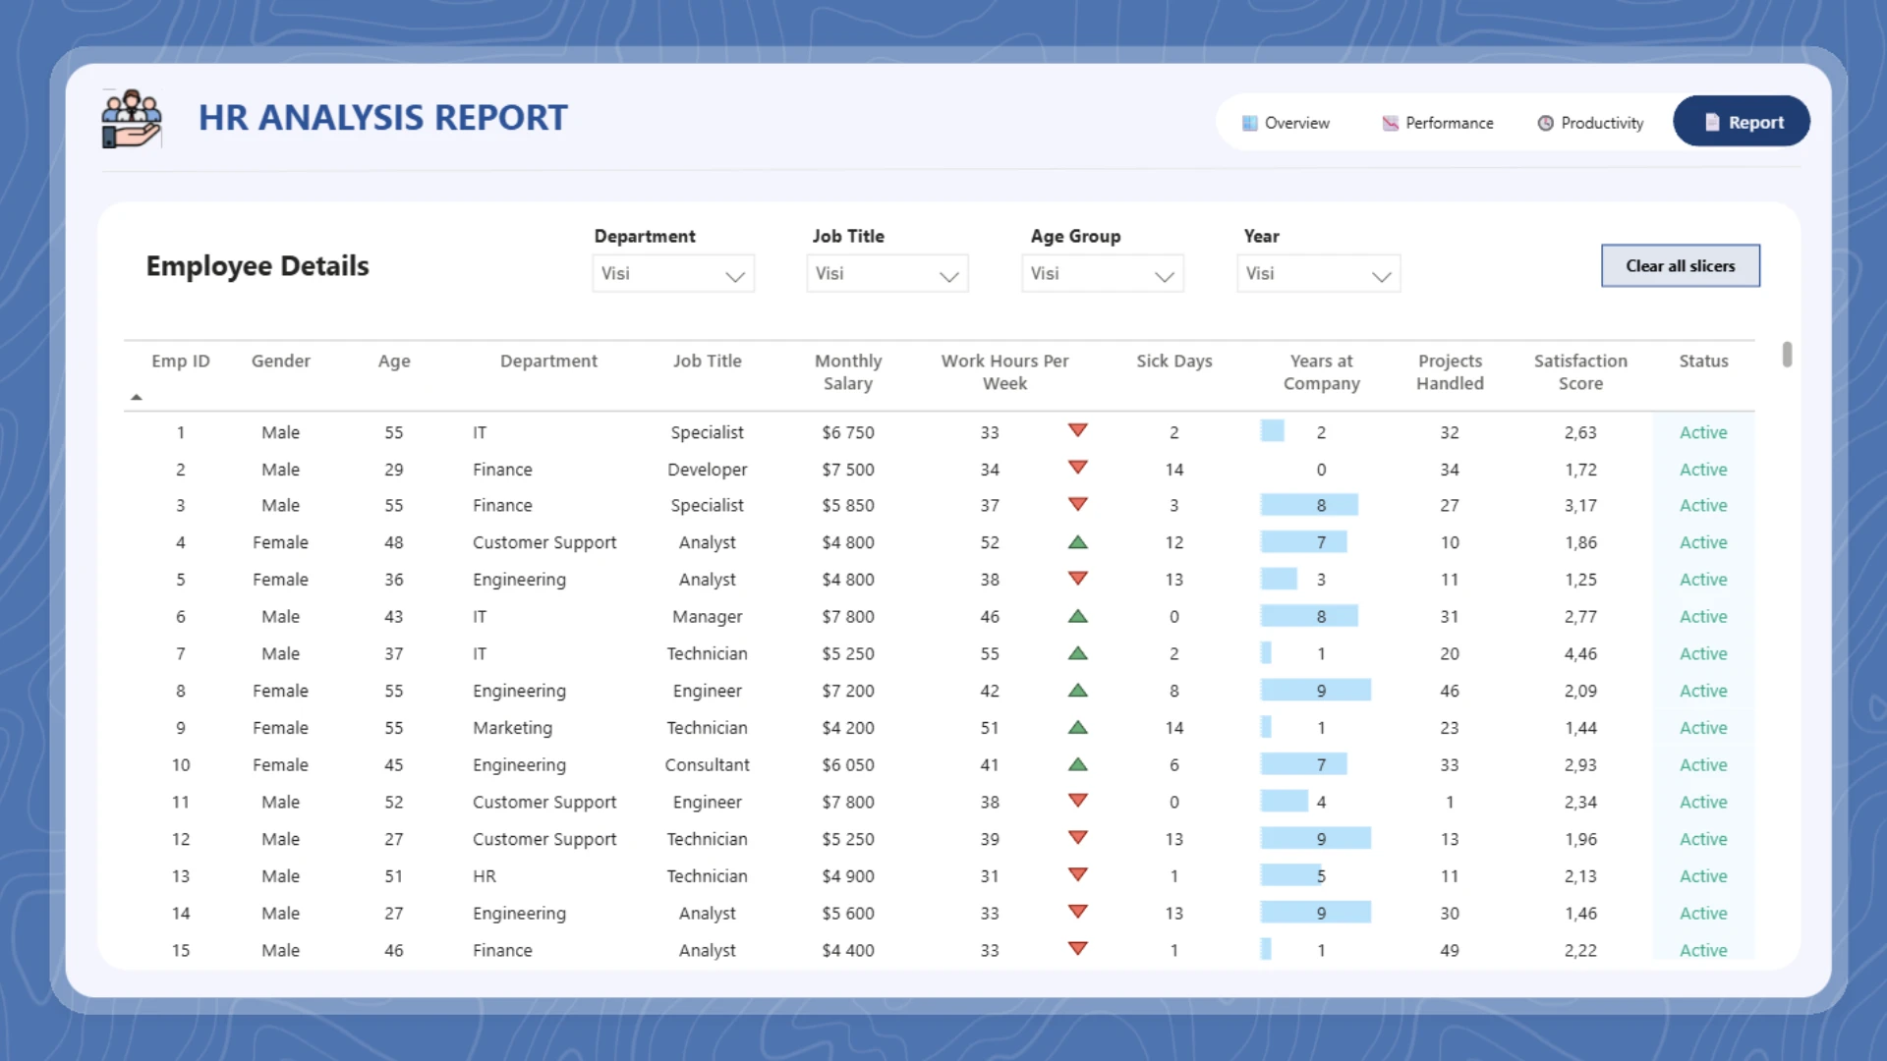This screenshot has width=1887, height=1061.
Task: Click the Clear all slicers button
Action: (1680, 265)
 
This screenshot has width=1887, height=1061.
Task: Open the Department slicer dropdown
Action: (673, 274)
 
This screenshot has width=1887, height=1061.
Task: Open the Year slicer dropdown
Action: (1318, 274)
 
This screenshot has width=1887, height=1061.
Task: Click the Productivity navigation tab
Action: (1590, 123)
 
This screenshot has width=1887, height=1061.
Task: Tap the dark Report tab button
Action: (1742, 122)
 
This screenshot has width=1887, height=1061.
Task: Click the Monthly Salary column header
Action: (847, 372)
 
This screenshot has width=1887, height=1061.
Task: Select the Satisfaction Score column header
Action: (1580, 372)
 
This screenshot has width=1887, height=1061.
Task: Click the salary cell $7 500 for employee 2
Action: (847, 470)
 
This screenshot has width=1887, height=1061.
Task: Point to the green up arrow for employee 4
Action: (1077, 542)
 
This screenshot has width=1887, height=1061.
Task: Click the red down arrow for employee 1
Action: (1077, 430)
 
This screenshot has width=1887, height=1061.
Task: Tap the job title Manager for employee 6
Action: (707, 617)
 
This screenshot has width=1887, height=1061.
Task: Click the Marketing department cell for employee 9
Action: (512, 728)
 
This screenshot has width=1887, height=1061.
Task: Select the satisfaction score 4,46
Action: (1580, 653)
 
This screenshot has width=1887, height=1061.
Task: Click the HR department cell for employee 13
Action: (485, 876)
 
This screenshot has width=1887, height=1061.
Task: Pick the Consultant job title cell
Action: (707, 765)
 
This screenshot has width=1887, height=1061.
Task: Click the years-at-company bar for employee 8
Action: (1315, 691)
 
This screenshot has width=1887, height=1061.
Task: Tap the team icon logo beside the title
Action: (131, 119)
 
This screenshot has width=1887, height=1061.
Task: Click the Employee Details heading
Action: (257, 266)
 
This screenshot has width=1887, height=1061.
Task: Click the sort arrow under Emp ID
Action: (137, 397)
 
